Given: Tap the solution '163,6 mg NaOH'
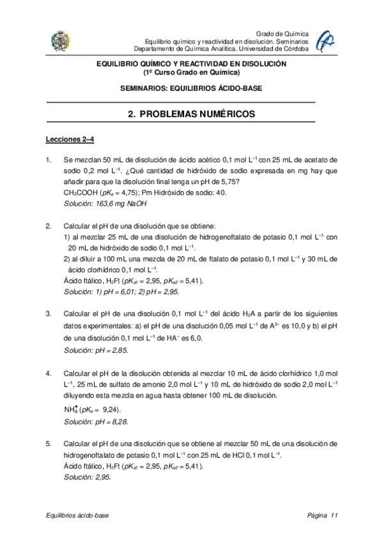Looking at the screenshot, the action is pyautogui.click(x=105, y=203).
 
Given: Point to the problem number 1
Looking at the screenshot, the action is pyautogui.click(x=49, y=159).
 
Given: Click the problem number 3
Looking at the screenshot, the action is pyautogui.click(x=49, y=313).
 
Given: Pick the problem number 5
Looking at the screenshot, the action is pyautogui.click(x=49, y=443).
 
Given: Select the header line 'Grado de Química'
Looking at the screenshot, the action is pyautogui.click(x=282, y=33).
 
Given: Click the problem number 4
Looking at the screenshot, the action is pyautogui.click(x=49, y=373).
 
